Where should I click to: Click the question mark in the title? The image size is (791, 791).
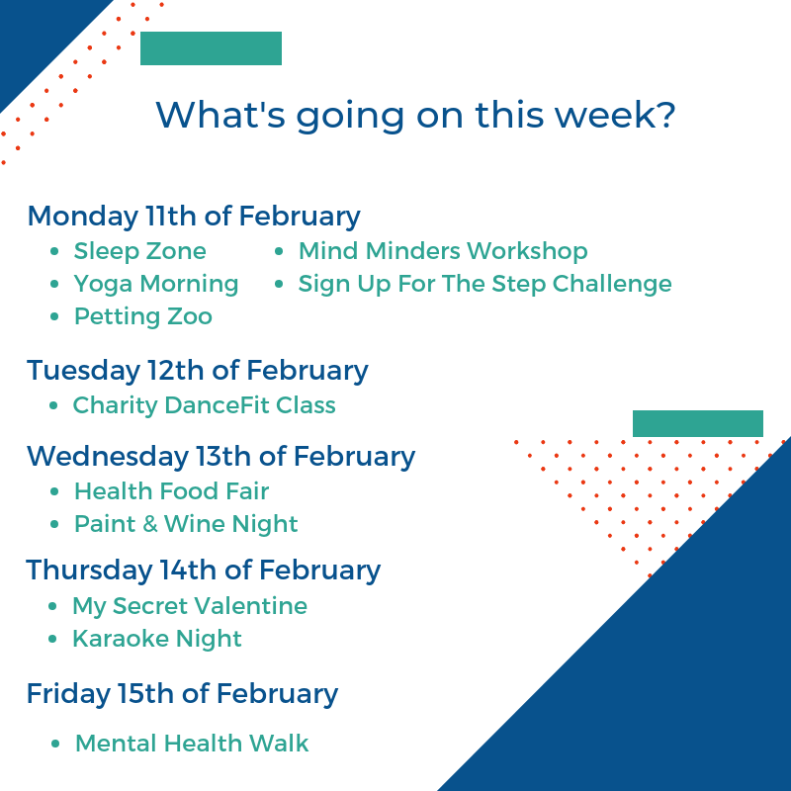click(665, 114)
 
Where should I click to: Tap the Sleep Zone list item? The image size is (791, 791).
click(140, 251)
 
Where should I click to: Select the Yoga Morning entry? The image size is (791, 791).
click(156, 284)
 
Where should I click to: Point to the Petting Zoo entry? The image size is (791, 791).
click(143, 316)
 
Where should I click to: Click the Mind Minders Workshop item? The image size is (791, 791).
click(443, 251)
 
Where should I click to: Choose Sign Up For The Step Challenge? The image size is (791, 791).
click(484, 284)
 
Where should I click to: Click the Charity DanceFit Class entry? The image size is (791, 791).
click(205, 405)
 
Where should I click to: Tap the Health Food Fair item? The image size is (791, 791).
click(171, 491)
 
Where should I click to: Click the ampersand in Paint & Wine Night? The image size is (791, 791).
click(150, 524)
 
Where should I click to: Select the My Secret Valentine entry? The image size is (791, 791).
click(190, 606)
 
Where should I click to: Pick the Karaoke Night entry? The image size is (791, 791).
click(157, 639)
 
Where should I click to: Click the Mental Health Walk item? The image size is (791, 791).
click(192, 744)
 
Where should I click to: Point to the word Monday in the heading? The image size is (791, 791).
click(83, 217)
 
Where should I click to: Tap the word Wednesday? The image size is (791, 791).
click(108, 457)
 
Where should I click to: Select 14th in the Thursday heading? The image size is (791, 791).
click(188, 571)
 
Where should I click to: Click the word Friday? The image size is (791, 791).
click(68, 694)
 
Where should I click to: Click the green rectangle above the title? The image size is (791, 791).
click(211, 48)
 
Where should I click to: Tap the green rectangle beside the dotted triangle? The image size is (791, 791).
click(698, 424)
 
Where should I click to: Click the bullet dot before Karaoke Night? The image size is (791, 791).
click(52, 639)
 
